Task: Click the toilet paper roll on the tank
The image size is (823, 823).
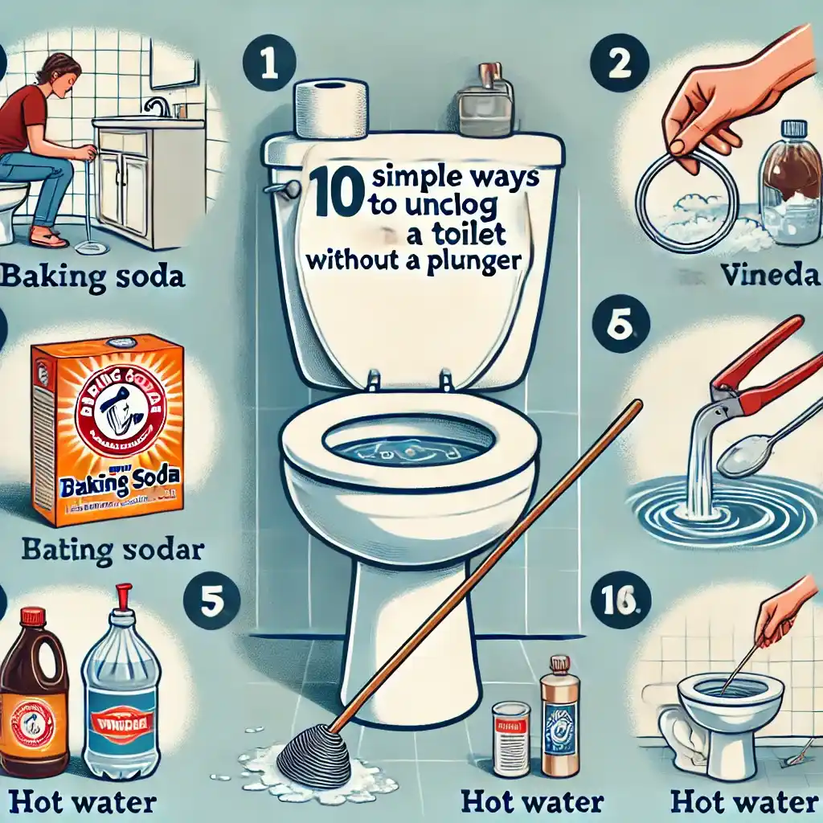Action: (331, 109)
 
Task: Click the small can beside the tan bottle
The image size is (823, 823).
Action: (510, 737)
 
